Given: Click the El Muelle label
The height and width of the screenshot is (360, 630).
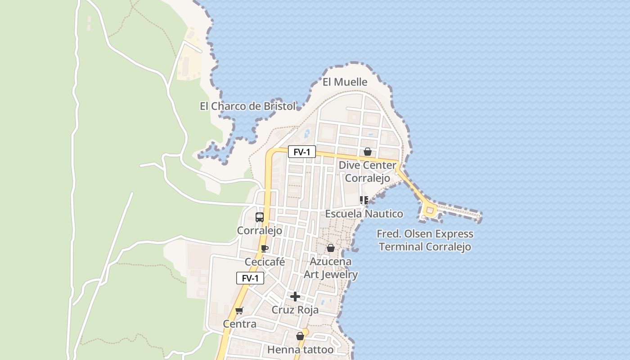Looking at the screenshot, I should (x=345, y=82).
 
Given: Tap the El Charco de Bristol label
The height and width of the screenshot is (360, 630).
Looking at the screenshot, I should (x=247, y=107).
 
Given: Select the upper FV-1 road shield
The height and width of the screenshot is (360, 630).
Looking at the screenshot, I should (x=301, y=152).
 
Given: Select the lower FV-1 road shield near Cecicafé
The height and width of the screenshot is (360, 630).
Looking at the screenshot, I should (x=250, y=278).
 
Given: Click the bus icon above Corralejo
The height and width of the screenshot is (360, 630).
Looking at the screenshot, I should (x=260, y=217).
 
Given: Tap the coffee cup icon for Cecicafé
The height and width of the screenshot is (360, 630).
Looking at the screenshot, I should (x=265, y=248).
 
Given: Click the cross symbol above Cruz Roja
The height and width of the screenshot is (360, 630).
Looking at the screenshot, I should (x=295, y=297).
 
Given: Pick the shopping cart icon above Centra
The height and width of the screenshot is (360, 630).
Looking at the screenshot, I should (x=239, y=310).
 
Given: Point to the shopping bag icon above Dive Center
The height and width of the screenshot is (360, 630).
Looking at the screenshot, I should (x=368, y=152).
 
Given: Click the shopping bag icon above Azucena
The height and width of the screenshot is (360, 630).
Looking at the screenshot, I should (x=331, y=248).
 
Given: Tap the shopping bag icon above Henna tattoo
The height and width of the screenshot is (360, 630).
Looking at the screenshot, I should (x=300, y=336).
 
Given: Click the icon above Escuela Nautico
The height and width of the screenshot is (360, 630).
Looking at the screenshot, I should (x=364, y=200).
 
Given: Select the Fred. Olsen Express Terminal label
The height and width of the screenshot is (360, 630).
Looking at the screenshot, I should (x=425, y=240).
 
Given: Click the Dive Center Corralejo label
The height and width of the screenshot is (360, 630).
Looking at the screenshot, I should (x=367, y=171).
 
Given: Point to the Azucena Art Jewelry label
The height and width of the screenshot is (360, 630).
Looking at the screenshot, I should (x=331, y=268).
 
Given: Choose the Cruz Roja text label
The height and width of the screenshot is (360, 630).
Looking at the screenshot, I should (x=295, y=310).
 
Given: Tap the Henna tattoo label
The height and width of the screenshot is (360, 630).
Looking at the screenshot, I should (x=300, y=350).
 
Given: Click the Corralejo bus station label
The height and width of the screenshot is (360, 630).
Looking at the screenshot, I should (x=260, y=231).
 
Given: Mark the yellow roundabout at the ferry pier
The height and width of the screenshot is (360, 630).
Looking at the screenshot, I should (x=429, y=210).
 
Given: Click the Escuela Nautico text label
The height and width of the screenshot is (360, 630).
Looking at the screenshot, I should (x=364, y=214).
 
